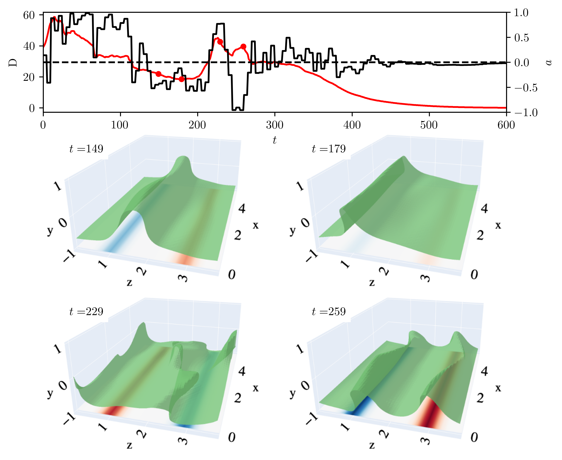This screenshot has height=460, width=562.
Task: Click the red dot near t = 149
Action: coord(158,74)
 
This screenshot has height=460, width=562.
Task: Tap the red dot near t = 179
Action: coord(181,79)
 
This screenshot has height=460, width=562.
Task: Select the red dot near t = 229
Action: coord(220,42)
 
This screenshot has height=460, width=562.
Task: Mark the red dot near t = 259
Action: coord(243,47)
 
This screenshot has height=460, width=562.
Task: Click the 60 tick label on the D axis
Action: coord(29,15)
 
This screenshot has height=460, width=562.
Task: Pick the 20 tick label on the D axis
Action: coord(29,77)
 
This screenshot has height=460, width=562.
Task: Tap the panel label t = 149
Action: coord(86,149)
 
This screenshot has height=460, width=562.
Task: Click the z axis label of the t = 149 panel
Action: coord(129,282)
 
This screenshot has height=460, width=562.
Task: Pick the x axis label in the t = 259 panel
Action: coord(498,388)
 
